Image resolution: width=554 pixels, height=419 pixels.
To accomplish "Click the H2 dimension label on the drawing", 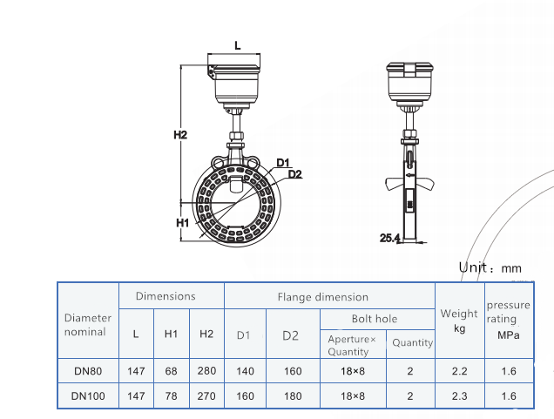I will click(179, 135).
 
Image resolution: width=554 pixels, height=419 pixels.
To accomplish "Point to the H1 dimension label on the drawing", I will click(183, 223).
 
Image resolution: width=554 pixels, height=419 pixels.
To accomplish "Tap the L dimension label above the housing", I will click(238, 44).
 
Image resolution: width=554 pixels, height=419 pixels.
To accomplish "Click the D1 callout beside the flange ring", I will click(283, 163).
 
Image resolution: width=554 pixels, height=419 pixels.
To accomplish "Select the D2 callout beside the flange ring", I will click(294, 174).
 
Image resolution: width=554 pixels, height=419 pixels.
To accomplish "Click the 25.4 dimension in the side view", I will click(389, 237).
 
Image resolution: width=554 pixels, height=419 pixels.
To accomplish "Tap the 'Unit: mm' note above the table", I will click(490, 268).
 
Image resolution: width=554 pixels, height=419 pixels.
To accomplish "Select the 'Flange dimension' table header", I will click(322, 297).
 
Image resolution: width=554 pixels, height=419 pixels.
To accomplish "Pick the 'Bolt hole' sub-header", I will click(374, 319).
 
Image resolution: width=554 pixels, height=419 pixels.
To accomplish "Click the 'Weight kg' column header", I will click(459, 320).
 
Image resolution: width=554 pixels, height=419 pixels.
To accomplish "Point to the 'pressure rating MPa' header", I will click(508, 320).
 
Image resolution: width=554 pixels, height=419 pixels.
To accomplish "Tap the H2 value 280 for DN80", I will click(206, 371).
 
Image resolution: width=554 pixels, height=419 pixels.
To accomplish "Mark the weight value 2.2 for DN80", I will click(459, 371).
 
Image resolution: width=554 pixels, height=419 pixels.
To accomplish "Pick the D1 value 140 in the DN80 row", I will click(245, 371).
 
